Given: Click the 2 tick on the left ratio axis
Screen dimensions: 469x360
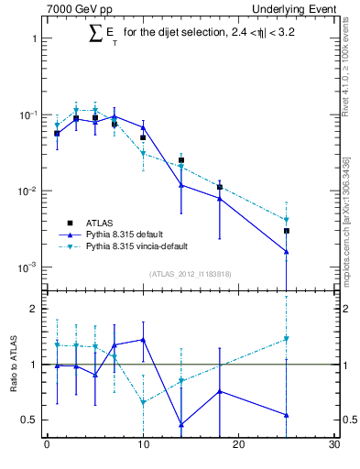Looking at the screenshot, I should [x=34, y=309].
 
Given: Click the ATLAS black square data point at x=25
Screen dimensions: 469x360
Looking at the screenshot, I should [x=287, y=231].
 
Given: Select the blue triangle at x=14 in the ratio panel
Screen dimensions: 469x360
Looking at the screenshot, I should [x=181, y=424].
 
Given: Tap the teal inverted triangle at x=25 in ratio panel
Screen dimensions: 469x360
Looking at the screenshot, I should [x=287, y=339].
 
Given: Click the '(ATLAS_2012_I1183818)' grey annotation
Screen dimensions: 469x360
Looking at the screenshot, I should [x=191, y=274].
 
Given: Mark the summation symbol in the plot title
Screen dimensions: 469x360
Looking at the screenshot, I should [x=94, y=34].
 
